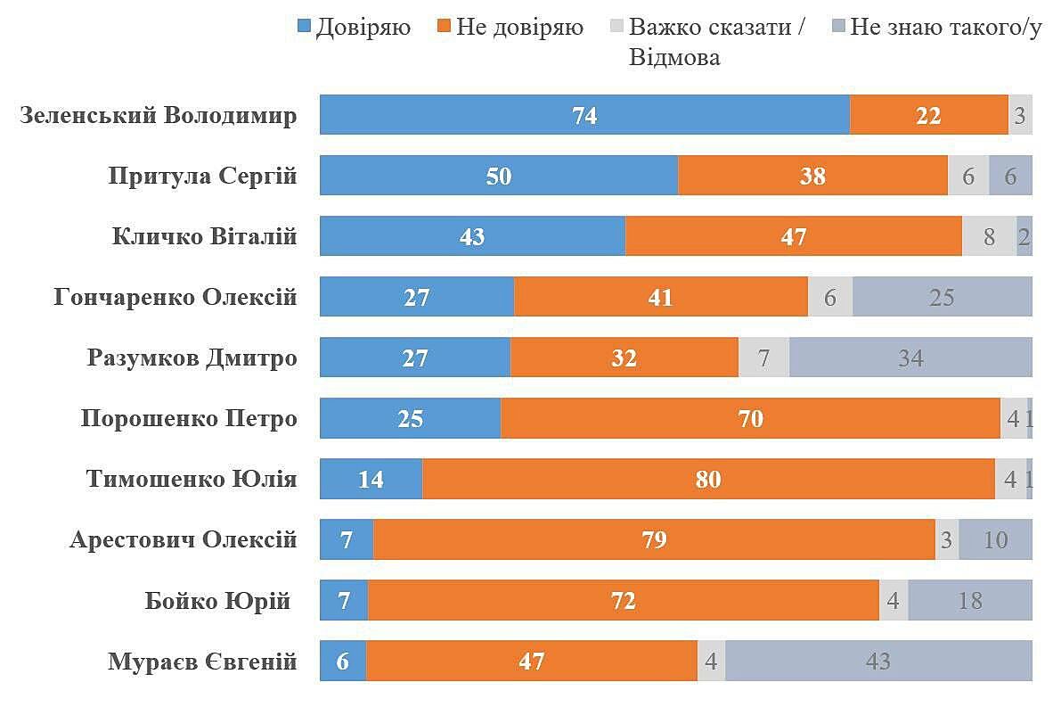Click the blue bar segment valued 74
point(584,115)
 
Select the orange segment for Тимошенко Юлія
point(708,480)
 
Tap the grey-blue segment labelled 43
point(878,662)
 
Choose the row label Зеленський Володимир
point(158,116)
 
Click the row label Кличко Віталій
point(204,237)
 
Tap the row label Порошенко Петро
point(188,418)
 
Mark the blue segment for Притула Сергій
point(499,176)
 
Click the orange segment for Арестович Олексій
point(654,540)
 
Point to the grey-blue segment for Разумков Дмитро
point(910,358)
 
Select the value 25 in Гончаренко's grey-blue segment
point(942,297)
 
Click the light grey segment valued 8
point(989,236)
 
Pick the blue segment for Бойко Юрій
point(344,601)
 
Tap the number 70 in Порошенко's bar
point(751,418)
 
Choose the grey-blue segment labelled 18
point(970,601)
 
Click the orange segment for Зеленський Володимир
point(928,115)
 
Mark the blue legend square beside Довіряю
point(305,28)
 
